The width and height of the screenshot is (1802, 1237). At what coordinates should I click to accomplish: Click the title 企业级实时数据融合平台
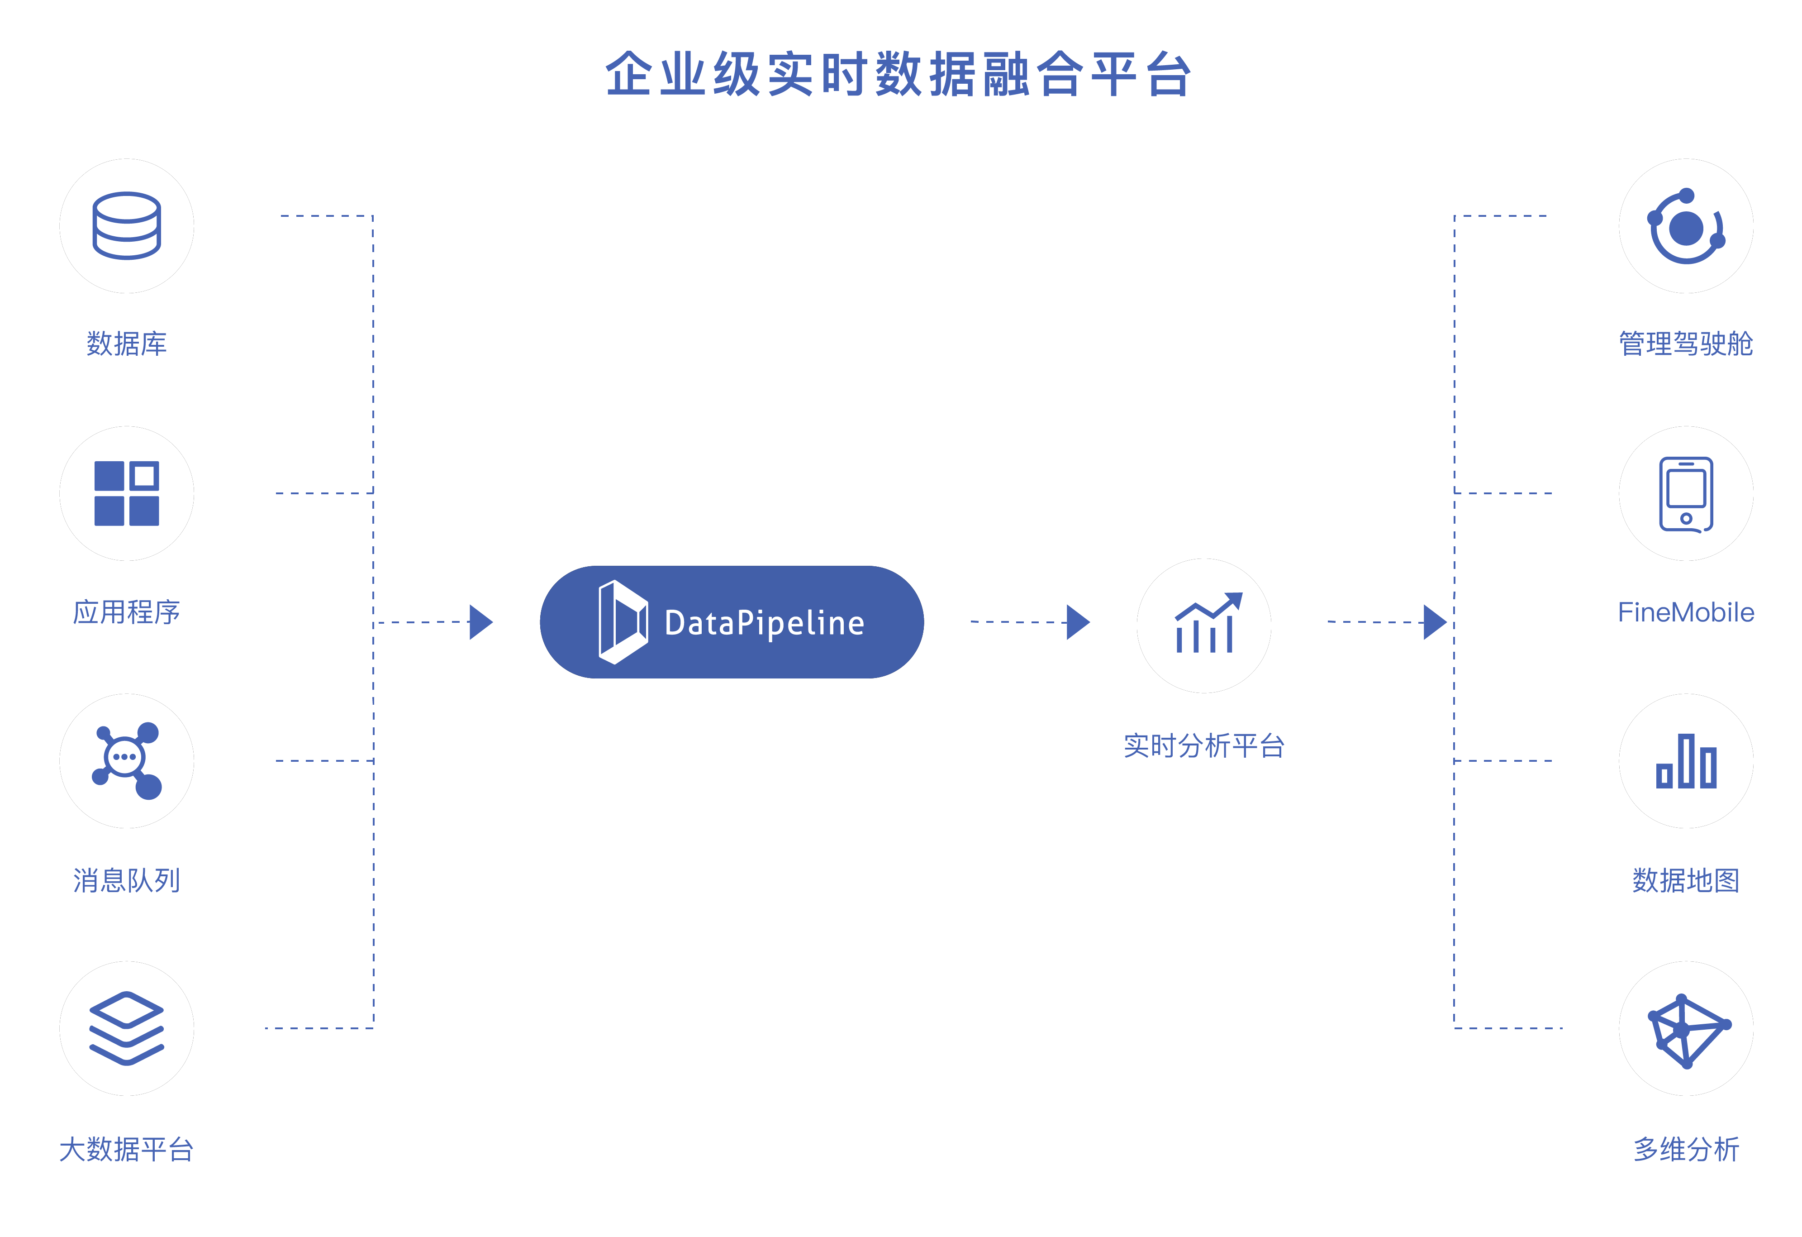[898, 75]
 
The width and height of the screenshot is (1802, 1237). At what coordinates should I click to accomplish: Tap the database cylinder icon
[126, 226]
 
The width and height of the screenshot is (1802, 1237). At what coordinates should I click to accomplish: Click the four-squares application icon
[126, 493]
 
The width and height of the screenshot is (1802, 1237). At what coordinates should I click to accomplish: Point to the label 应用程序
[126, 612]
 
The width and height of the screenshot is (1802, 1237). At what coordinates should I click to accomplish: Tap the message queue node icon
[126, 760]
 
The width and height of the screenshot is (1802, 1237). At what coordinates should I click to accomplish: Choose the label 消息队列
[126, 880]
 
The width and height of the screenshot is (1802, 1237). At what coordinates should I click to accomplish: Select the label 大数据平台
[126, 1149]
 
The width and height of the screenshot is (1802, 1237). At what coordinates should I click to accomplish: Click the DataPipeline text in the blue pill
[764, 623]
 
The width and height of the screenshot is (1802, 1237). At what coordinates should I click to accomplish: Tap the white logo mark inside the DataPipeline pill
[622, 622]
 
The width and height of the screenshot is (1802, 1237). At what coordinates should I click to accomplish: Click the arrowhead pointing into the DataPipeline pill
[480, 622]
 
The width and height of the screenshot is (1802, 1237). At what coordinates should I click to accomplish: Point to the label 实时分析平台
[1203, 745]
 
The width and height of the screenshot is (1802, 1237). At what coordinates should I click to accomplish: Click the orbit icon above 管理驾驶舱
[1685, 226]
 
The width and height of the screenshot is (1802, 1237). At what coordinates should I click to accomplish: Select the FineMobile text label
[1685, 612]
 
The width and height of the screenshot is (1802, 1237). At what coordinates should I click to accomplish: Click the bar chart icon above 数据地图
[1685, 762]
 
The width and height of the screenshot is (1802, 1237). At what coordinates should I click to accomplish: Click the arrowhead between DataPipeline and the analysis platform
[1077, 622]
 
